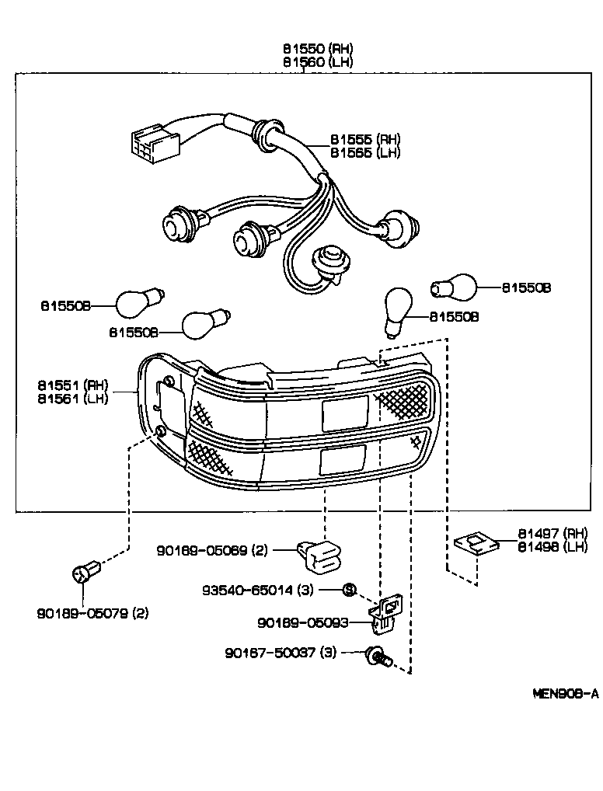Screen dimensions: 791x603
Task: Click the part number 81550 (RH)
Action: [x=317, y=48]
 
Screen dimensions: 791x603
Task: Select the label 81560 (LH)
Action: [x=317, y=61]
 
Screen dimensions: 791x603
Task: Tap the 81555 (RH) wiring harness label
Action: [x=364, y=139]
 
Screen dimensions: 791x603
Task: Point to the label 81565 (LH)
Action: [x=364, y=152]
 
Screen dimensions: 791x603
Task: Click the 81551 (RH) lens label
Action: [x=73, y=385]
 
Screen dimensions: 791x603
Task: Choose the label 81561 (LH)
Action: [x=73, y=398]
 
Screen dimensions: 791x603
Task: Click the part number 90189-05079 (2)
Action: [x=92, y=613]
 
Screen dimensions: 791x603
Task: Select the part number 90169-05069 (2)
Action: [x=211, y=551]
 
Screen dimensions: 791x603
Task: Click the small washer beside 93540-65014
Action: [x=349, y=590]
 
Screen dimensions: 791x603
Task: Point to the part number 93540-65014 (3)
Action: [x=258, y=590]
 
